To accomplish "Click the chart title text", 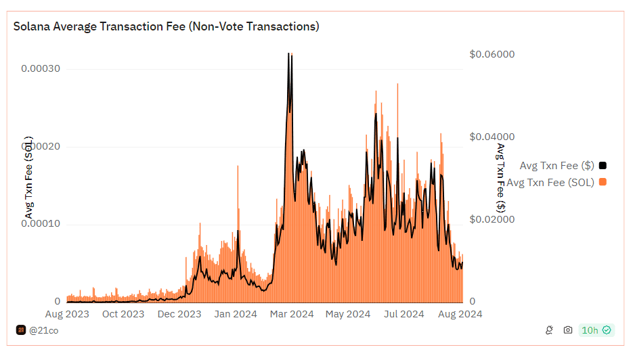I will [x=167, y=26].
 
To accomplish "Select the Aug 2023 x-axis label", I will [x=67, y=314].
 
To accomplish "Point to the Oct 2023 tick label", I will [x=123, y=314].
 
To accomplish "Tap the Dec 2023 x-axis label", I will [x=179, y=314].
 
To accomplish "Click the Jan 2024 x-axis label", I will [x=235, y=314].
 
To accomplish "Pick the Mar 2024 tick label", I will [x=292, y=314].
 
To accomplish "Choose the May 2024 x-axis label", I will [x=348, y=314].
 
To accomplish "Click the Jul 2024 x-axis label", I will [x=403, y=314].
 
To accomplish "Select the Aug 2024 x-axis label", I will [x=460, y=314].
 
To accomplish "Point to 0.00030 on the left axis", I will [x=41, y=68].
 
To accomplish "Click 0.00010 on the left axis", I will [x=41, y=223].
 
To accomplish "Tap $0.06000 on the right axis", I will [x=492, y=54].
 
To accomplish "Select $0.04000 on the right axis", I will [x=492, y=137].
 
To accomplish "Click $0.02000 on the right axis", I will [x=492, y=219].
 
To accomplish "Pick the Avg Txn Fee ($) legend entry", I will [x=556, y=165].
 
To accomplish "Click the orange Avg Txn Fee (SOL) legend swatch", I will [x=603, y=182].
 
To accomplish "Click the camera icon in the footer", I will [x=568, y=330].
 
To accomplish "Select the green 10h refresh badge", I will [x=596, y=330].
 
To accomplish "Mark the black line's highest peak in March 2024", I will [x=289, y=53].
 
